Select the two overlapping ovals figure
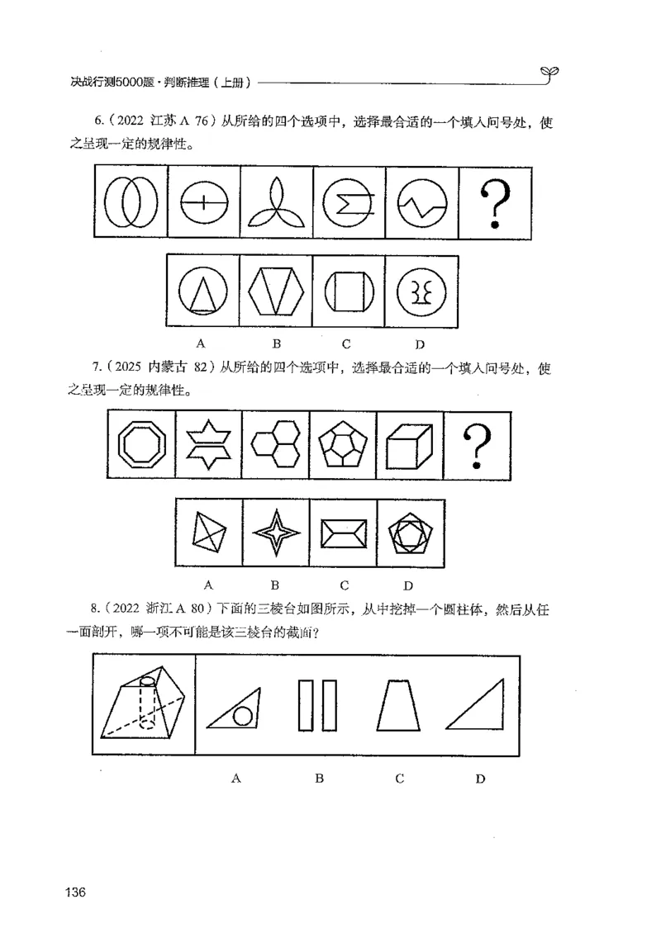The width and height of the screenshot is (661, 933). coord(131,202)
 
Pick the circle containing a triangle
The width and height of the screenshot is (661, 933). coord(203,293)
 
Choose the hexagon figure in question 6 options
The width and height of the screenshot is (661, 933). coord(276,293)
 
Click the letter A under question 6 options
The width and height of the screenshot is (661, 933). coord(201,342)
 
